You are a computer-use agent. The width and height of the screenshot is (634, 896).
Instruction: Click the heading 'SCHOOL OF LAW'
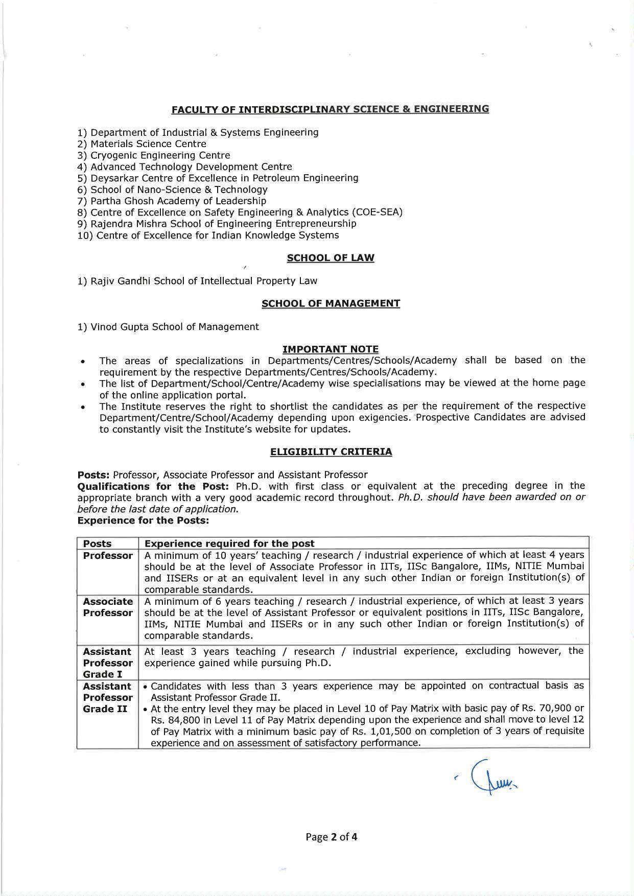[330, 258]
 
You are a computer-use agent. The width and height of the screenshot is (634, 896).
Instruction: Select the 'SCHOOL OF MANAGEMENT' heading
[330, 303]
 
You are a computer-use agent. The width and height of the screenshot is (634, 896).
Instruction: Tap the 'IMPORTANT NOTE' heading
[330, 349]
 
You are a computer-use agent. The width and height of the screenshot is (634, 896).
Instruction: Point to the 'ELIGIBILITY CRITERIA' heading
[331, 452]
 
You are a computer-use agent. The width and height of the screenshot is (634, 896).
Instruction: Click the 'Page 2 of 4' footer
[331, 837]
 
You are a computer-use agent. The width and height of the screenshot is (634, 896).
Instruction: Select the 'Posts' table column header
[97, 544]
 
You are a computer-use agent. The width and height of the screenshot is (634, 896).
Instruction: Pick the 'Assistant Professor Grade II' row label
[107, 697]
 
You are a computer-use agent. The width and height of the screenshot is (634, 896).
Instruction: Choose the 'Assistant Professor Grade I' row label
[107, 663]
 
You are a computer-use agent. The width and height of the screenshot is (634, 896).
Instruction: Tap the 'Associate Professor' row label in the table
[107, 607]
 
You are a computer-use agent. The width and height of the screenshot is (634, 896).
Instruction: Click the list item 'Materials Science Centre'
[148, 144]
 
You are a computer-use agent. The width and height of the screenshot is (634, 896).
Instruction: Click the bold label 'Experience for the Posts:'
[143, 521]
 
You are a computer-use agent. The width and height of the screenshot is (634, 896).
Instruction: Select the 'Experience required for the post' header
[229, 544]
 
